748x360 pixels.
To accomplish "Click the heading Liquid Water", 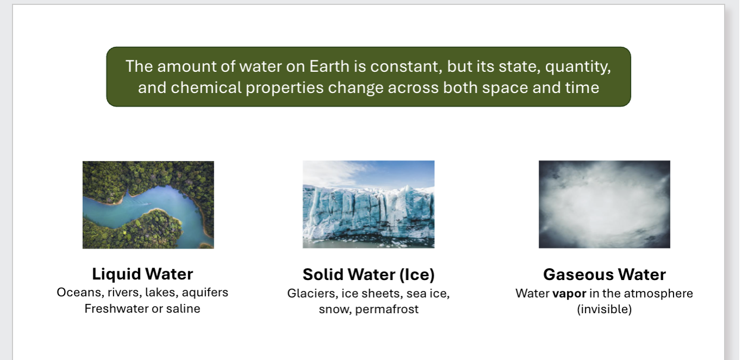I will click(142, 274).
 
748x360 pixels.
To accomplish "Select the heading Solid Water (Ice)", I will click(369, 275).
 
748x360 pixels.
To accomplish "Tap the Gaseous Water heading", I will click(604, 274).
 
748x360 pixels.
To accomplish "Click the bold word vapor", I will click(569, 294).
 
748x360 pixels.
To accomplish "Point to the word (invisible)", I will click(604, 310).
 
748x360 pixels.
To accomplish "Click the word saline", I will click(183, 309).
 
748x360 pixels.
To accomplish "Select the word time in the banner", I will click(583, 87).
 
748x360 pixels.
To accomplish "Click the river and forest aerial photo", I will click(148, 204).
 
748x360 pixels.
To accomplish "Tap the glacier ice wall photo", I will click(368, 204).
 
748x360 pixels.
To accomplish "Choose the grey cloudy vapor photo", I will click(604, 204).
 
